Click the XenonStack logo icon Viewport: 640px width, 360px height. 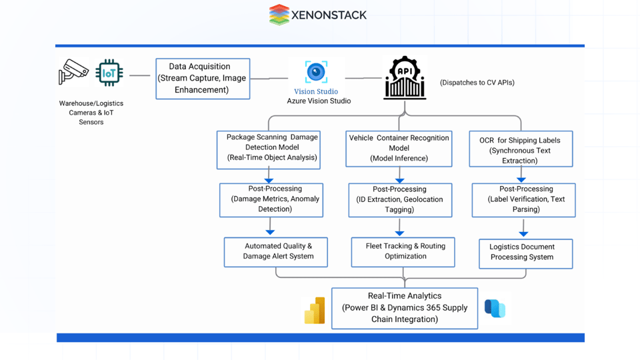coord(279,15)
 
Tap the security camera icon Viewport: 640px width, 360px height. coord(73,71)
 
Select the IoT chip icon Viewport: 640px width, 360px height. coord(109,72)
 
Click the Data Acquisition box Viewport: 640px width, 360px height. coord(203,79)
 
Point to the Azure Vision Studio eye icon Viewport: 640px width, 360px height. coord(316,72)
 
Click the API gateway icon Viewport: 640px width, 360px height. coord(405,79)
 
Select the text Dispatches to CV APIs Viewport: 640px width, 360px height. coord(477,83)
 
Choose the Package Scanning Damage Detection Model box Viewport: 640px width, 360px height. coord(269,149)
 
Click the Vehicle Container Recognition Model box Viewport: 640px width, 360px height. coord(399,149)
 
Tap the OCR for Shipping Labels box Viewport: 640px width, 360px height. coord(521,149)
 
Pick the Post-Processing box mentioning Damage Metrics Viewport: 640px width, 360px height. coord(271,200)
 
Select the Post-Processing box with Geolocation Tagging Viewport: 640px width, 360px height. coord(400,200)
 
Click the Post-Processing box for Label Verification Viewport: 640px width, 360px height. coord(523,200)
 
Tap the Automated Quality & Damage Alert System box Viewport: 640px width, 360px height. coord(275,252)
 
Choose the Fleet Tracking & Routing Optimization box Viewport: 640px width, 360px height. coord(403,252)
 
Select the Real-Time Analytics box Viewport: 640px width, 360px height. coord(405,308)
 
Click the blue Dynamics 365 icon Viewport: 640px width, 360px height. coord(495,309)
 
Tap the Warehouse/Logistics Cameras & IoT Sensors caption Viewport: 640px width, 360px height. coord(91,113)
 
